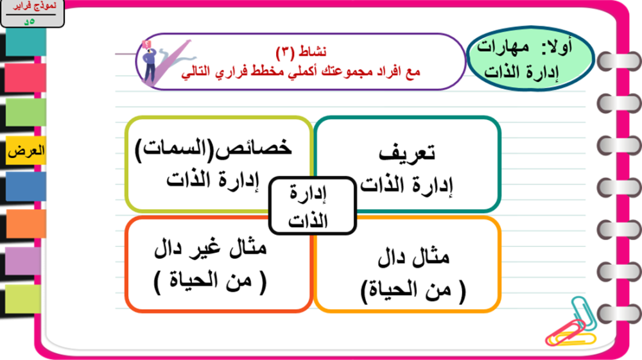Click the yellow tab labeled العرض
click(x=26, y=151)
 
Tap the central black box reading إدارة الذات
click(x=313, y=206)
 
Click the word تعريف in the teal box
click(x=407, y=153)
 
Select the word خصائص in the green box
click(x=253, y=148)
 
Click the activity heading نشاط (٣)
click(x=301, y=51)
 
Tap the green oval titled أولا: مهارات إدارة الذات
click(x=530, y=58)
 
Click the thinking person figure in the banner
click(x=149, y=62)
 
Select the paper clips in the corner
click(x=571, y=323)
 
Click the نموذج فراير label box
click(x=32, y=13)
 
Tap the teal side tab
click(x=26, y=42)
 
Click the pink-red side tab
click(x=26, y=78)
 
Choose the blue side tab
click(x=26, y=187)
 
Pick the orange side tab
click(x=26, y=224)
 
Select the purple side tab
click(x=23, y=261)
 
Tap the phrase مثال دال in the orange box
click(x=413, y=257)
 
